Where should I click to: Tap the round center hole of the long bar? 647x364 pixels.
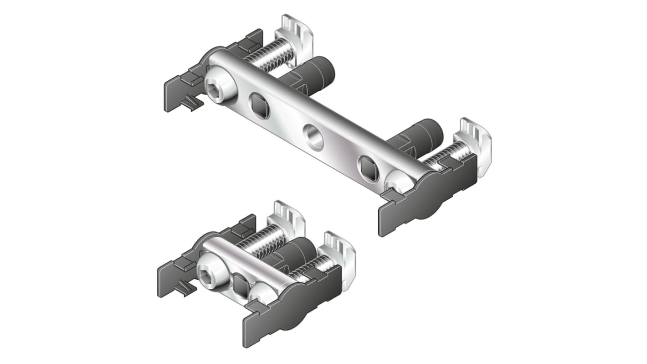coord(313,137)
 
